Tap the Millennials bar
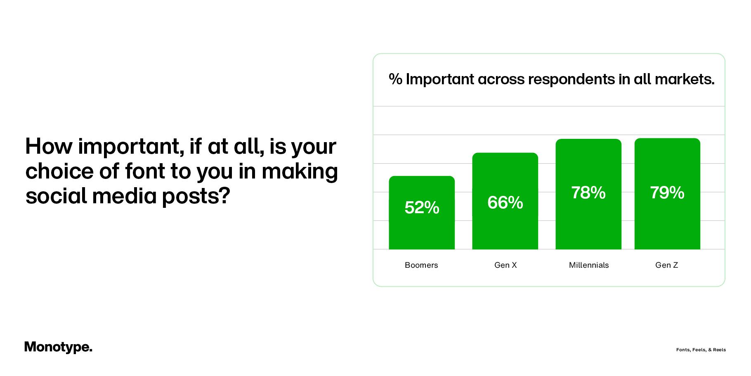tap(588, 223)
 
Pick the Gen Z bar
tap(667, 223)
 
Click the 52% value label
tap(422, 207)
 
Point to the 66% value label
tap(505, 202)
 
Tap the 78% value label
tap(588, 193)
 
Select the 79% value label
tap(667, 193)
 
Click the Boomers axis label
tap(421, 265)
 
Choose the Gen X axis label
tap(505, 265)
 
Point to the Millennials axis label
tap(589, 265)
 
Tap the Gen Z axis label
tap(667, 265)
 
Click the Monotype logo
tap(58, 347)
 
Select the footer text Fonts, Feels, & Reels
tap(701, 350)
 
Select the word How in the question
tap(49, 146)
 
